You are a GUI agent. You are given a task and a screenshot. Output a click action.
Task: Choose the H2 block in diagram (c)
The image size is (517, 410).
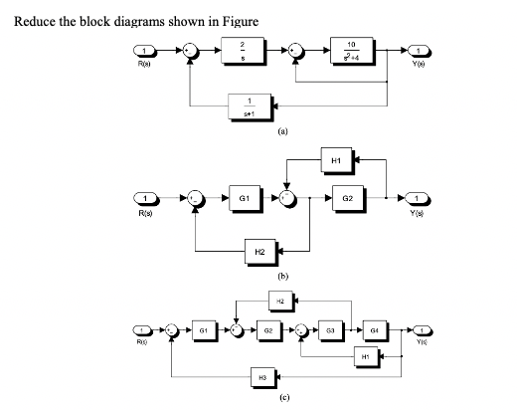280,299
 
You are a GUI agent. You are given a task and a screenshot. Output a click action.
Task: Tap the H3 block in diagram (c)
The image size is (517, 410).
260,379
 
